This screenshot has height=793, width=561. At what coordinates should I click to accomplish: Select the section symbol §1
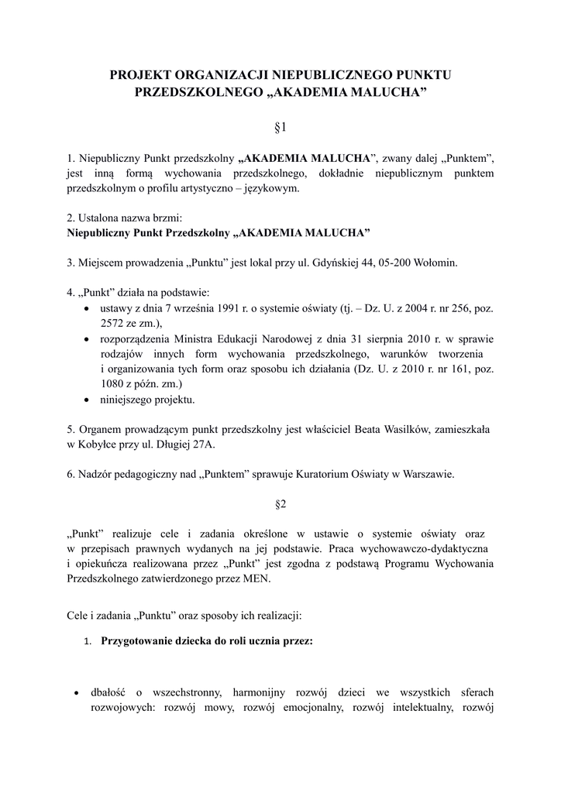tap(280, 124)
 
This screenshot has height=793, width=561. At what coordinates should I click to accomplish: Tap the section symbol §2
tap(280, 504)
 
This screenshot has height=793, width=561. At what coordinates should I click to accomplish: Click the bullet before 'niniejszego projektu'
tap(87, 400)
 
